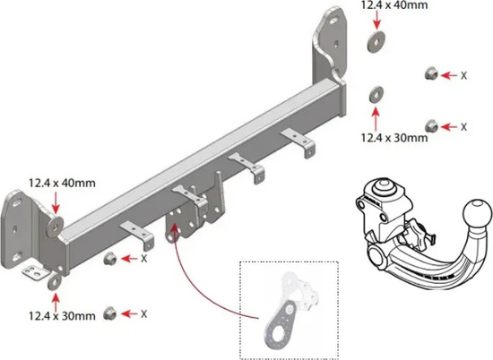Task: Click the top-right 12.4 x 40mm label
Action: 394,4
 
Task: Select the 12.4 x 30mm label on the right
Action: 394,138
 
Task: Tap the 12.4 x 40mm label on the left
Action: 62,183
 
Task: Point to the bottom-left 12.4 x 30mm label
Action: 62,316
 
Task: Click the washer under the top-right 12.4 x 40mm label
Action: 376,41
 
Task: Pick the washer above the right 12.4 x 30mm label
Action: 376,94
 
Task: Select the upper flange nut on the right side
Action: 431,73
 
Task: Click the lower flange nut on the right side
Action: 431,126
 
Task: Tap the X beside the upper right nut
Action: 463,75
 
